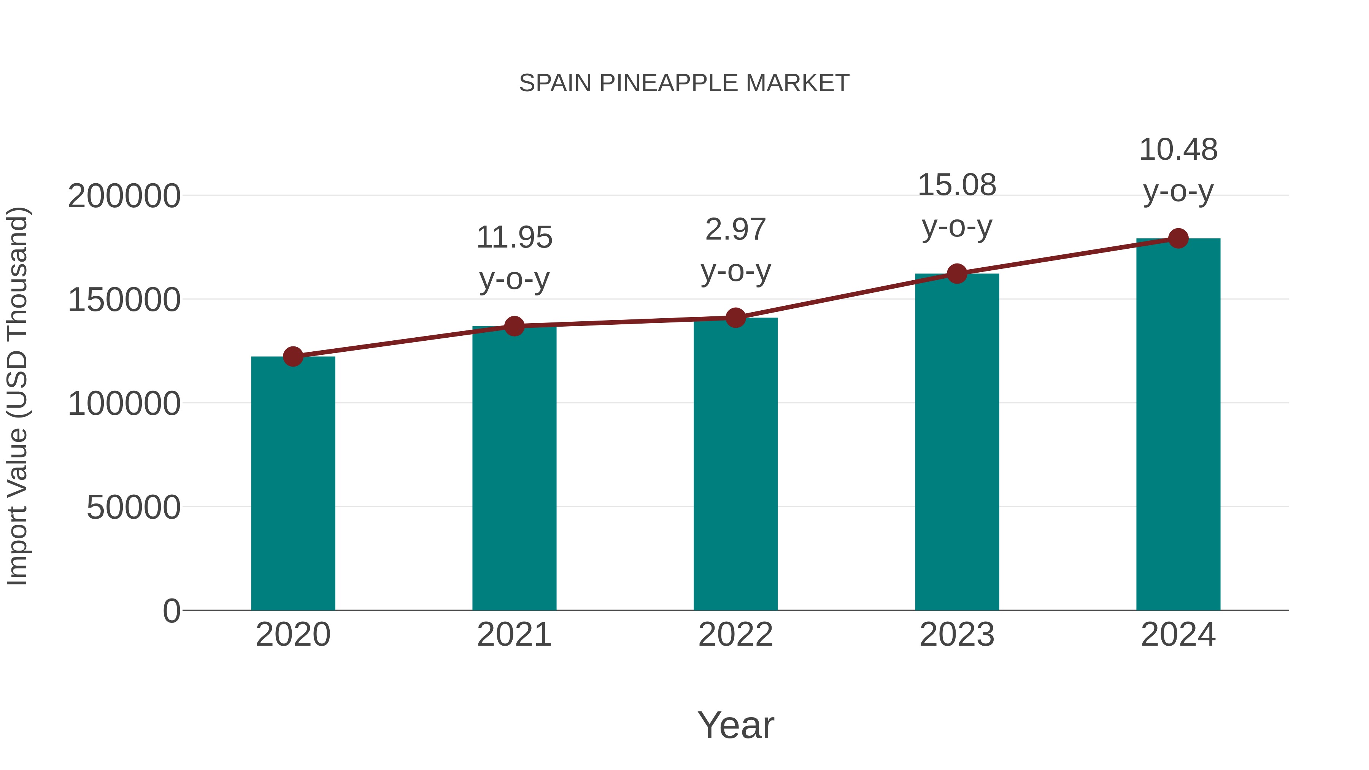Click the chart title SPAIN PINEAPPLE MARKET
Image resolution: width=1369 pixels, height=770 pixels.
pyautogui.click(x=684, y=83)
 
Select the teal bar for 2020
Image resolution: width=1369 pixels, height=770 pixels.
pyautogui.click(x=293, y=484)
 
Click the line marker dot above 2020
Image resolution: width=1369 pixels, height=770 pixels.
pyautogui.click(x=293, y=357)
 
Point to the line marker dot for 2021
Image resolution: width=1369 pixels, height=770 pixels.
pyautogui.click(x=515, y=326)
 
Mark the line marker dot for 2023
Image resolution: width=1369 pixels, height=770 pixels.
pyautogui.click(x=957, y=274)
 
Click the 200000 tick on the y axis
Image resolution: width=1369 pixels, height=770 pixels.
pyautogui.click(x=124, y=196)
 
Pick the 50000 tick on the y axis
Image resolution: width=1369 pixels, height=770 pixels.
pyautogui.click(x=133, y=508)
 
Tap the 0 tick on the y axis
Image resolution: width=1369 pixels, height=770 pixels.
pyautogui.click(x=171, y=611)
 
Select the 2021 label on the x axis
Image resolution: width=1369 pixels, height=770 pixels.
pyautogui.click(x=515, y=635)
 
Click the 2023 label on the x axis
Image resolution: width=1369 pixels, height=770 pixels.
pyautogui.click(x=957, y=635)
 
